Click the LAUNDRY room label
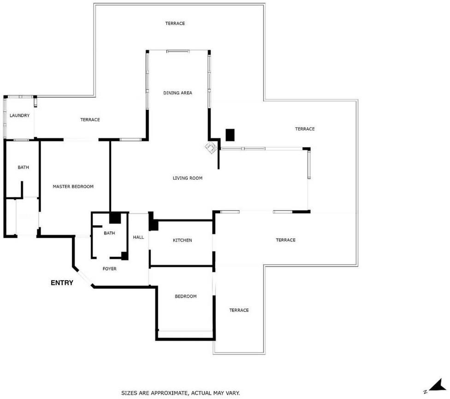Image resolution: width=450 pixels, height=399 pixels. [19, 116]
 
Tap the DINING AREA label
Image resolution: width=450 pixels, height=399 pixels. [178, 93]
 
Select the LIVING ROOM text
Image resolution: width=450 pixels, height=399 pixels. [187, 178]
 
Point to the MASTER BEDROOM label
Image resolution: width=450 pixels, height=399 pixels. [73, 187]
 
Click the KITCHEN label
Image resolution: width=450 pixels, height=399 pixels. [182, 241]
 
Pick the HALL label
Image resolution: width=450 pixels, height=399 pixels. [138, 237]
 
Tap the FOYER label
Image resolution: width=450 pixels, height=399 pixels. [110, 269]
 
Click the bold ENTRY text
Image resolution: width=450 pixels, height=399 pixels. [62, 283]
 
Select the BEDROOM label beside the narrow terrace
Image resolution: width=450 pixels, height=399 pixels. [186, 296]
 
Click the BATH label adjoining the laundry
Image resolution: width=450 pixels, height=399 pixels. [23, 168]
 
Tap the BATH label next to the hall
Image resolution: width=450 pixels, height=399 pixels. [109, 233]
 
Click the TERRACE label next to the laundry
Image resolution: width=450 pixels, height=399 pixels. [90, 120]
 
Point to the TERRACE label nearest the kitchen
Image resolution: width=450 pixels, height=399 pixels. [285, 240]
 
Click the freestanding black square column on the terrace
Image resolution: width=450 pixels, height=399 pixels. [230, 135]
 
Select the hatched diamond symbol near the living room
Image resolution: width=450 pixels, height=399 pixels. [211, 147]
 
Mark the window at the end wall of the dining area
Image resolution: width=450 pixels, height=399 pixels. [178, 51]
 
